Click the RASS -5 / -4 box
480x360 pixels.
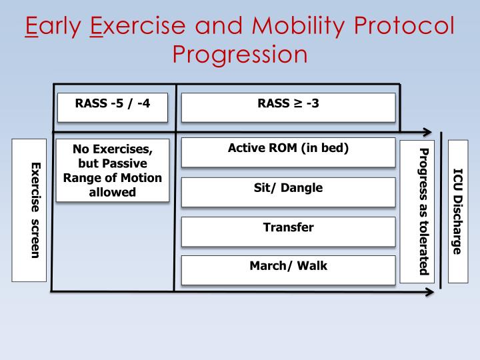(111, 107)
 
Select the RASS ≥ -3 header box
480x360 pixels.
(288, 107)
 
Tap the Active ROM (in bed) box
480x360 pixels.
(288, 152)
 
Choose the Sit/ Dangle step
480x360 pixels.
(288, 191)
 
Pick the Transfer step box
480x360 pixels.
(288, 231)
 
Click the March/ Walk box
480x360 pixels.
(288, 269)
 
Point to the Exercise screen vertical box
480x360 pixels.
(29, 210)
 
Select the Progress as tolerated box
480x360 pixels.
(417, 211)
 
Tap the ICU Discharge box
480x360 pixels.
(458, 211)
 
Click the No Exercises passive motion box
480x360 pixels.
(112, 169)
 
